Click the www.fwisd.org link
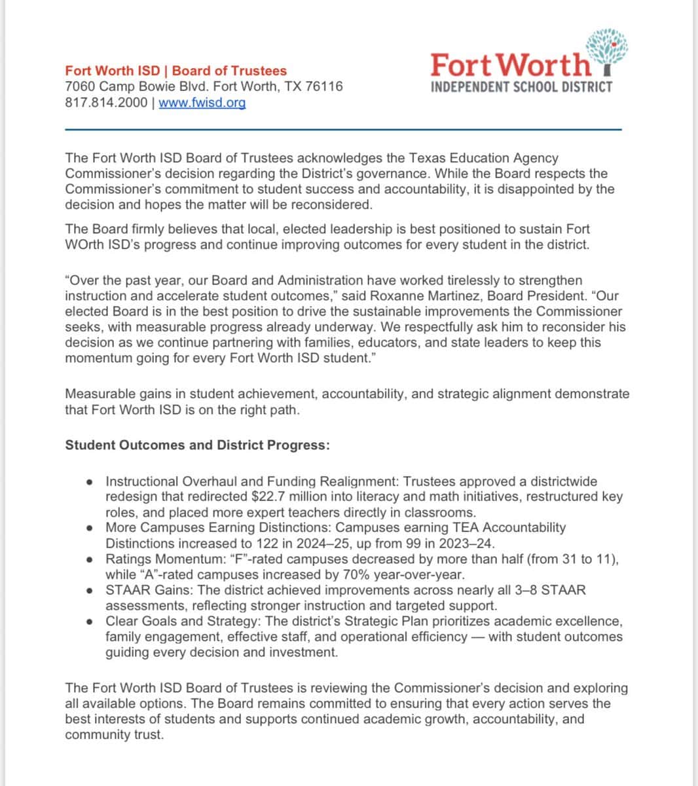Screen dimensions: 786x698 pyautogui.click(x=202, y=102)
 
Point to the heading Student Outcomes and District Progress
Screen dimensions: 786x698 pyautogui.click(x=197, y=445)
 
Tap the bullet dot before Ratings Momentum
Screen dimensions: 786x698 pyautogui.click(x=89, y=560)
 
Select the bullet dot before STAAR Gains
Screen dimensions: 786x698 pyautogui.click(x=89, y=591)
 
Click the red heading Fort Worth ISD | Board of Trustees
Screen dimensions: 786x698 pyautogui.click(x=175, y=71)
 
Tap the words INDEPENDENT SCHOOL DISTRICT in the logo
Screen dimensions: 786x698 pyautogui.click(x=521, y=86)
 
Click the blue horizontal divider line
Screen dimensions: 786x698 pyautogui.click(x=343, y=130)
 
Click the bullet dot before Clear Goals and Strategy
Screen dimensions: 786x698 pyautogui.click(x=89, y=622)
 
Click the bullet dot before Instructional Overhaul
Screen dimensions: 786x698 pyautogui.click(x=89, y=481)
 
